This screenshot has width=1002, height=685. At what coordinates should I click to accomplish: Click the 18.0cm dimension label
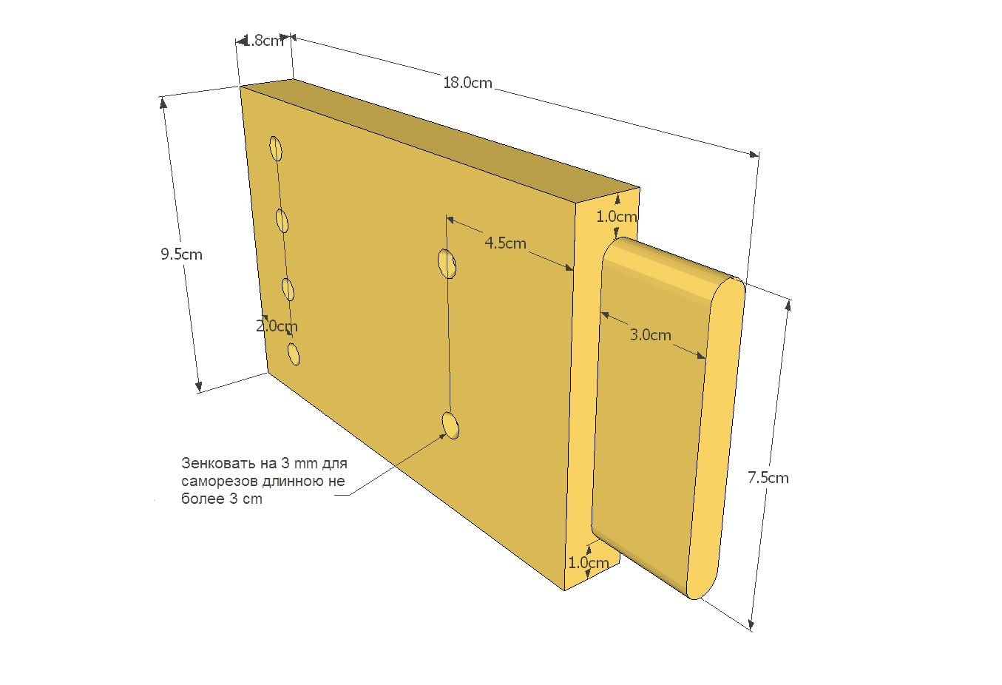tap(467, 83)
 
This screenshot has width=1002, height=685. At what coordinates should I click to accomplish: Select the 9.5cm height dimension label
tap(182, 254)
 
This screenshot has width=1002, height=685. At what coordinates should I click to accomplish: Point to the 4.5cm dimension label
tap(506, 243)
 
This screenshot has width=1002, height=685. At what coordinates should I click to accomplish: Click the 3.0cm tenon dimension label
tap(651, 334)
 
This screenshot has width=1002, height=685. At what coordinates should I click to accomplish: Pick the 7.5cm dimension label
tap(768, 478)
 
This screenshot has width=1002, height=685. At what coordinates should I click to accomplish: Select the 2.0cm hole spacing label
tap(277, 326)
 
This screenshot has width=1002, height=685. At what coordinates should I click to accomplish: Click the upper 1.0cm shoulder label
tap(617, 217)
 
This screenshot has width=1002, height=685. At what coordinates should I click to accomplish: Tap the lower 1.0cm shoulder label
tap(588, 562)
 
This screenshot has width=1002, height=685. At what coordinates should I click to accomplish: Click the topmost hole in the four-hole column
tap(276, 149)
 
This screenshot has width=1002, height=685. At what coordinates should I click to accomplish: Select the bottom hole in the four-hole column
tap(294, 354)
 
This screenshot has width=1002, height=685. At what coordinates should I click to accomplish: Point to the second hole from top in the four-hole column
tap(282, 220)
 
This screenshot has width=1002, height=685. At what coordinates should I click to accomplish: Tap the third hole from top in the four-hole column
tap(288, 289)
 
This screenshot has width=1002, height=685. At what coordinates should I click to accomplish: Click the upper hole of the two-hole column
tap(447, 264)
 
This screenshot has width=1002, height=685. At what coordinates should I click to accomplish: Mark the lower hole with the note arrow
tap(450, 425)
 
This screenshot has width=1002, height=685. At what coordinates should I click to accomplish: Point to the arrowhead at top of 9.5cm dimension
tap(163, 103)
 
